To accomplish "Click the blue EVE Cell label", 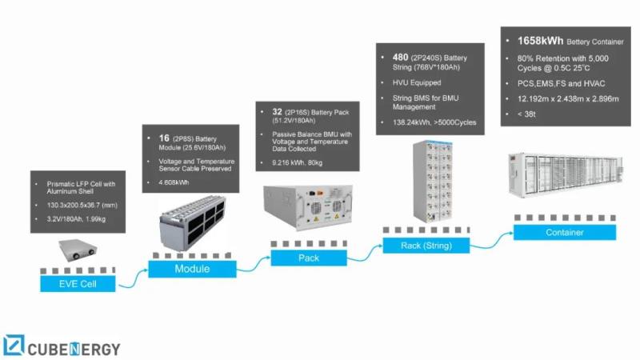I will coord(77,283).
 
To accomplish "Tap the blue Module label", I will coord(192,269).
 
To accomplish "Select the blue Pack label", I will coord(308,258).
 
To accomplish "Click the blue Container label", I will coord(564,233).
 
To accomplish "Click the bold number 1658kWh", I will coord(534,39).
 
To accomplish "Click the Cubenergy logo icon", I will coord(14,345).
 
